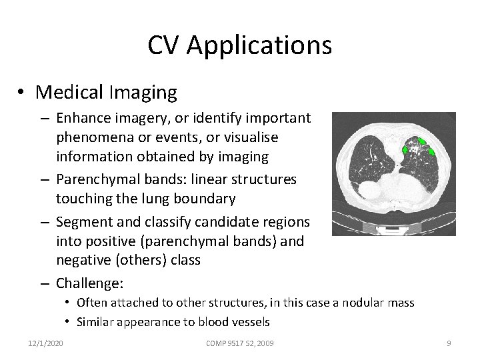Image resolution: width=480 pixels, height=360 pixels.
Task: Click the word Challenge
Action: pos(88,283)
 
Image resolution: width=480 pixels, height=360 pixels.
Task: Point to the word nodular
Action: pos(365,303)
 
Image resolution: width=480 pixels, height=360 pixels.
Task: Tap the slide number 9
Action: pos(449,343)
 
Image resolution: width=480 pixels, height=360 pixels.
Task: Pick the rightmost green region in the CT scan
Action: pos(431,151)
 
